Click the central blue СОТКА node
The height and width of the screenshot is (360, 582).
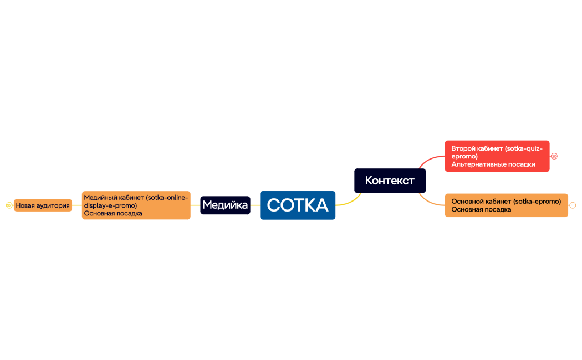[298, 205]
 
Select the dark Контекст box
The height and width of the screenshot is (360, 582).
[390, 181]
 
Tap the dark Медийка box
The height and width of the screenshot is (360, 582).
[225, 205]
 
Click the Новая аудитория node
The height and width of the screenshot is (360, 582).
[43, 205]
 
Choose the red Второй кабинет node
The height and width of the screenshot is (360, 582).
[497, 156]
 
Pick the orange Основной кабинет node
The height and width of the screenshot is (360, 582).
[506, 205]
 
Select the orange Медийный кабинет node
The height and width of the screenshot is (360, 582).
[136, 205]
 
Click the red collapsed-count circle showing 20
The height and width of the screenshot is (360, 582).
[554, 156]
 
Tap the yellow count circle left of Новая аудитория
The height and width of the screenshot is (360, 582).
[9, 205]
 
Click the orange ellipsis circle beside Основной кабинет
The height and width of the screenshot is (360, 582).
[573, 205]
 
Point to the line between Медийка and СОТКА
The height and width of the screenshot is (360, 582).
[255, 205]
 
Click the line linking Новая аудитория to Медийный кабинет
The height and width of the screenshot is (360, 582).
[77, 205]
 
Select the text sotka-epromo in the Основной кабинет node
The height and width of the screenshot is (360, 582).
[537, 202]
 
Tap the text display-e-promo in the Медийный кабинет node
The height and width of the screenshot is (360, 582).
[110, 205]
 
